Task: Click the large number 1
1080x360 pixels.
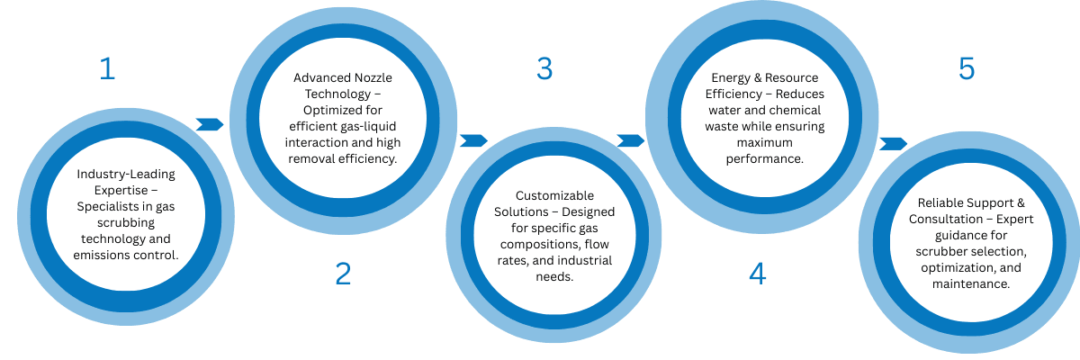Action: coord(107,68)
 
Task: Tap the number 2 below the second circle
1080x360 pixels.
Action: coord(343,274)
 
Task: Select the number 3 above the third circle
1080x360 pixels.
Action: coord(544,68)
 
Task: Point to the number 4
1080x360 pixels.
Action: coord(758,274)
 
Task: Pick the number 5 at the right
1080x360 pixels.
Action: coord(967,68)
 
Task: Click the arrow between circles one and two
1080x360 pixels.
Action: coord(210,124)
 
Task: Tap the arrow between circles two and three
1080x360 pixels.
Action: coord(473,140)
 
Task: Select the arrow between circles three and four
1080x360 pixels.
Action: coord(631,140)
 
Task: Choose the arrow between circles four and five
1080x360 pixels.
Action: coord(893,143)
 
